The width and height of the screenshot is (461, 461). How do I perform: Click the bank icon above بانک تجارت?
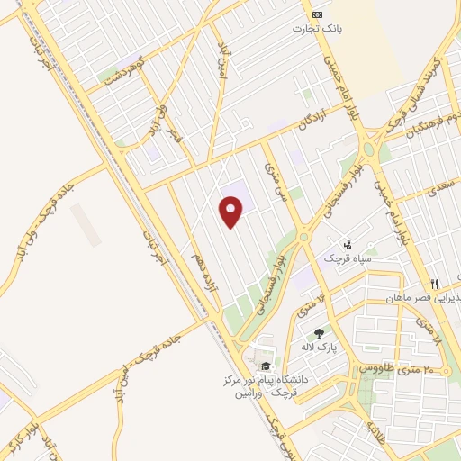(x=316, y=14)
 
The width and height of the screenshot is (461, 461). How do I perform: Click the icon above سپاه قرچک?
(x=348, y=244)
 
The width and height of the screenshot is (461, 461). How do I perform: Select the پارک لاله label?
(x=318, y=347)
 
